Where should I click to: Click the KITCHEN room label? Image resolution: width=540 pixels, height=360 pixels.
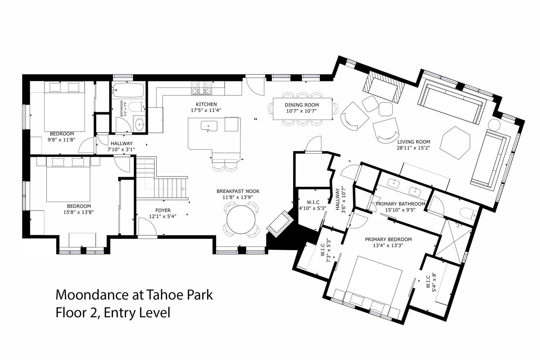click(206, 104)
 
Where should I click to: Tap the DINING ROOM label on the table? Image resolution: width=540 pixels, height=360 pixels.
click(302, 105)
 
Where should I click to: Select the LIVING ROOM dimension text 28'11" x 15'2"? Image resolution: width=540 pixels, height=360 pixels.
click(413, 148)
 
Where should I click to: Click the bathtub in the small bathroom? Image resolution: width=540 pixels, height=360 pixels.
click(129, 90)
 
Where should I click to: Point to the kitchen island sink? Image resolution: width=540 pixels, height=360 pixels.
click(209, 126)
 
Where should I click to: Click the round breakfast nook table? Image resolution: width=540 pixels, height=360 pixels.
click(241, 219)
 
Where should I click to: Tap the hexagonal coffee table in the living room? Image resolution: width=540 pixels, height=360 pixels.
click(455, 143)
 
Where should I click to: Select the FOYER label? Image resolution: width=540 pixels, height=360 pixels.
click(163, 210)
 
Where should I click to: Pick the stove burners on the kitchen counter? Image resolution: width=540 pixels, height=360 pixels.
click(201, 88)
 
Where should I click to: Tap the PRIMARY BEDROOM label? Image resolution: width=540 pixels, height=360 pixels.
click(388, 239)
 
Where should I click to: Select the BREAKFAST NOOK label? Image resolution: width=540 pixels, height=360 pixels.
click(238, 191)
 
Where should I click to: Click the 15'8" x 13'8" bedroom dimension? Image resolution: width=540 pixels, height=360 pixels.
click(78, 212)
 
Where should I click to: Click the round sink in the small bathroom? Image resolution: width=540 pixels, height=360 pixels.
click(139, 125)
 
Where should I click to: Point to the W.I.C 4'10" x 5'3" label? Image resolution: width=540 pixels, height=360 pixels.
click(313, 205)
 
